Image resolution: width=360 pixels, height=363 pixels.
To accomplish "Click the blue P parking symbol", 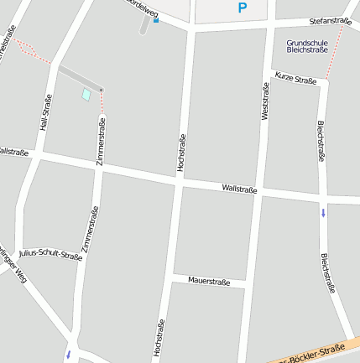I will click(243, 8).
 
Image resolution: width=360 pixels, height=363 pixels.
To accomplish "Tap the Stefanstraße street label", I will click(329, 20).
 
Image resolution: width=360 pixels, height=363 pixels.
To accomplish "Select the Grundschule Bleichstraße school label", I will click(306, 45).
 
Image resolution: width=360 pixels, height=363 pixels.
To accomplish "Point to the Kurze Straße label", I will click(295, 79).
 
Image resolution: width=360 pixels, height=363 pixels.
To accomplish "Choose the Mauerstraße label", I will click(209, 282).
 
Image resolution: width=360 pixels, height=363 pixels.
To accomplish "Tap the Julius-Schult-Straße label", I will click(50, 254).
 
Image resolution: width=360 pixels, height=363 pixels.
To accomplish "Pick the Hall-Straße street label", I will click(46, 112).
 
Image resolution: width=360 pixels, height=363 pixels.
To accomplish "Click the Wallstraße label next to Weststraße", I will click(240, 189).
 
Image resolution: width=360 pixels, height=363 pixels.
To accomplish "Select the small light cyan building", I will click(86, 95).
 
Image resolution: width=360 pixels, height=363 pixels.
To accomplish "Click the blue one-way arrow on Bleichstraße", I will click(323, 212).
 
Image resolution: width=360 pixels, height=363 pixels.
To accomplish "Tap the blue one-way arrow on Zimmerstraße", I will click(68, 355).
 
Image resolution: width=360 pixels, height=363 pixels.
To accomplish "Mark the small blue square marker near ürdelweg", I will click(155, 20).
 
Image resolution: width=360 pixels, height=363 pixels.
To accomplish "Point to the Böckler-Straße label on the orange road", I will click(319, 352).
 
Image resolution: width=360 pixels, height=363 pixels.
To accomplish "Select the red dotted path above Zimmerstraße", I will click(102, 101).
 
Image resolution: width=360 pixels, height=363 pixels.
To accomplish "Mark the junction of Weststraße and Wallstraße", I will click(262, 192).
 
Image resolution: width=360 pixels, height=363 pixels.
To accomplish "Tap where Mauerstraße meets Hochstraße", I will click(171, 277).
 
